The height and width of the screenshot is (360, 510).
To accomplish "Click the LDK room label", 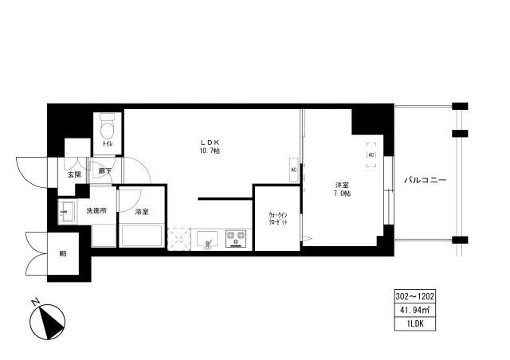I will (x=210, y=143).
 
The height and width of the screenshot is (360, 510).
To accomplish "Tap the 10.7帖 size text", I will (x=210, y=151).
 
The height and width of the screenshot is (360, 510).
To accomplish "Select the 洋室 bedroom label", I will (x=340, y=186).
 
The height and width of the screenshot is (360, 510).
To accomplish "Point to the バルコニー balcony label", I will (x=424, y=180).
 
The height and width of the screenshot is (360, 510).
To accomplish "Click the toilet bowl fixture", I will (x=108, y=127).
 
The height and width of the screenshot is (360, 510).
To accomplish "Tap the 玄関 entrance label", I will (x=74, y=173).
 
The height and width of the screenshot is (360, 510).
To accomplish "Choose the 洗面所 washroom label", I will (x=97, y=212).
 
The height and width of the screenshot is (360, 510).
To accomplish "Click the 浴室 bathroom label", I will (x=142, y=212).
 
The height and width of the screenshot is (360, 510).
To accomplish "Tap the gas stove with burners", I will (x=236, y=237).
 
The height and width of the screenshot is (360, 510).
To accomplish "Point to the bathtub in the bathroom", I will (x=142, y=237).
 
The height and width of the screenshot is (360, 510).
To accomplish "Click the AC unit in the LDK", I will (x=293, y=170).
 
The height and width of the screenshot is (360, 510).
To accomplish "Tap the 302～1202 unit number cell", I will (x=414, y=295).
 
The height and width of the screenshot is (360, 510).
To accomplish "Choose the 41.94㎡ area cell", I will (x=414, y=309).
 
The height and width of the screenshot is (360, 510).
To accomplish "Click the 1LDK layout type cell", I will (x=414, y=323).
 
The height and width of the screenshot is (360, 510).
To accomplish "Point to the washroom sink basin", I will (x=67, y=211).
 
